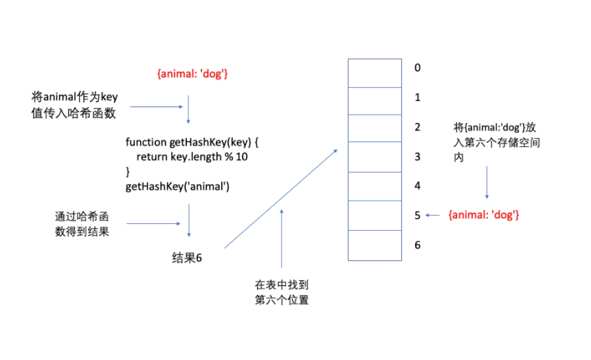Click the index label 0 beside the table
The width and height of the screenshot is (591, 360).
point(417,68)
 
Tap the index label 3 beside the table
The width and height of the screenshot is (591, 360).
point(417,157)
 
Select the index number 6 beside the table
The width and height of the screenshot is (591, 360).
point(417,245)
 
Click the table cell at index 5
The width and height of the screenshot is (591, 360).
point(375,216)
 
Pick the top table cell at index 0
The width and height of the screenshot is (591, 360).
point(375,71)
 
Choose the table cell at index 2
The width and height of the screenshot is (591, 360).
point(375,128)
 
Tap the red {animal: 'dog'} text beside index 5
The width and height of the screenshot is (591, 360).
point(483,215)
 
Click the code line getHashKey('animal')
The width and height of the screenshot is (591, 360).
point(177,185)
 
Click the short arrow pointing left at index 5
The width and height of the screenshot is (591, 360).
point(432,215)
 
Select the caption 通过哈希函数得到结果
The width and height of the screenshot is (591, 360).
point(82,223)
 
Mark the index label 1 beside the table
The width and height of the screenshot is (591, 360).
point(417,98)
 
